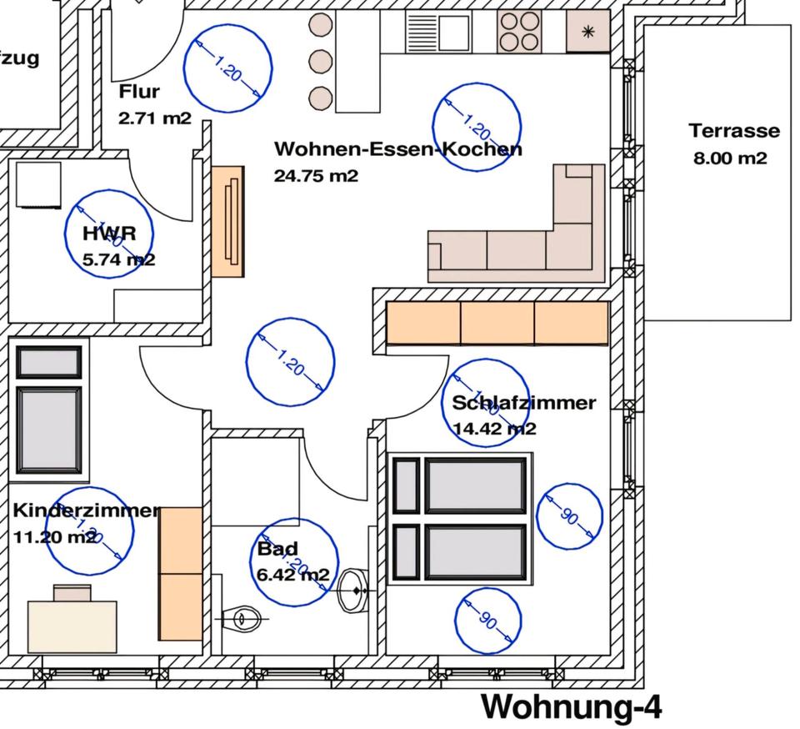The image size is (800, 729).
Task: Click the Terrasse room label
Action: (734, 131)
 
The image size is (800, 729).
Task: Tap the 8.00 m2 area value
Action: (730, 158)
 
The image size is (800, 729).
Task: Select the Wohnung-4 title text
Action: (572, 706)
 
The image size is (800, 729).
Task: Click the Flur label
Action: (139, 92)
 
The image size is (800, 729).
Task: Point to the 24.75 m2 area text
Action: (316, 176)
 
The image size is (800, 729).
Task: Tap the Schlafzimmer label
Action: (524, 403)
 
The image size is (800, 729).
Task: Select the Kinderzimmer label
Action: (87, 510)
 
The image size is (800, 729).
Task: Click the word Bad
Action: (277, 550)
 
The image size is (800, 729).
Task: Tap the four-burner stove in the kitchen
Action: (519, 32)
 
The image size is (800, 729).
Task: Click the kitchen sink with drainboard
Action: (438, 32)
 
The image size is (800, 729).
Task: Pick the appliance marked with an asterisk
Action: (588, 33)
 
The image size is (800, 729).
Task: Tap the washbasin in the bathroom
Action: (355, 591)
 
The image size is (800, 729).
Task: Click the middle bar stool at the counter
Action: (321, 61)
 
